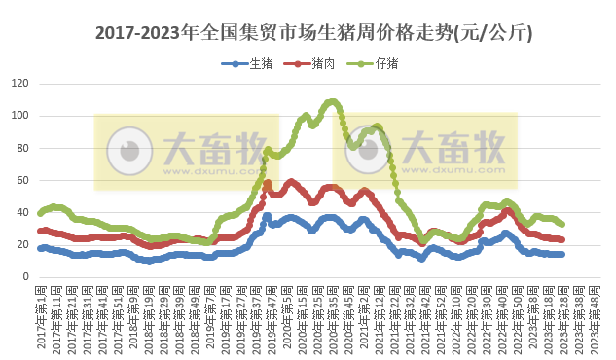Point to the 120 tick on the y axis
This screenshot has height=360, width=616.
click(20, 84)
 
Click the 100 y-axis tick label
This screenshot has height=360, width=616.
click(20, 116)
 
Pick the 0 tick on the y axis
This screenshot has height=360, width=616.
click(26, 276)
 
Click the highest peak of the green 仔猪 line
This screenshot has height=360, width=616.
click(332, 101)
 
